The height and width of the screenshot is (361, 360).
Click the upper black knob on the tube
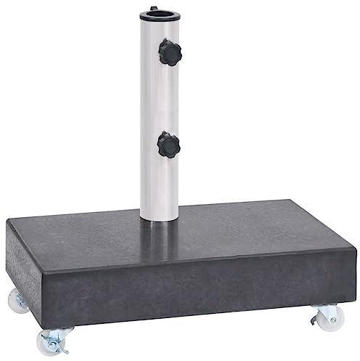[x=172, y=52]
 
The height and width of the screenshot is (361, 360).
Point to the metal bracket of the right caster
[x=325, y=309]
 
